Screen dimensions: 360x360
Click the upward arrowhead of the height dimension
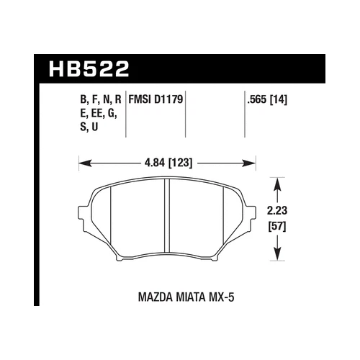click(276, 179)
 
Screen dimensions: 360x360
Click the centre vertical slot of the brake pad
click(166, 214)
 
